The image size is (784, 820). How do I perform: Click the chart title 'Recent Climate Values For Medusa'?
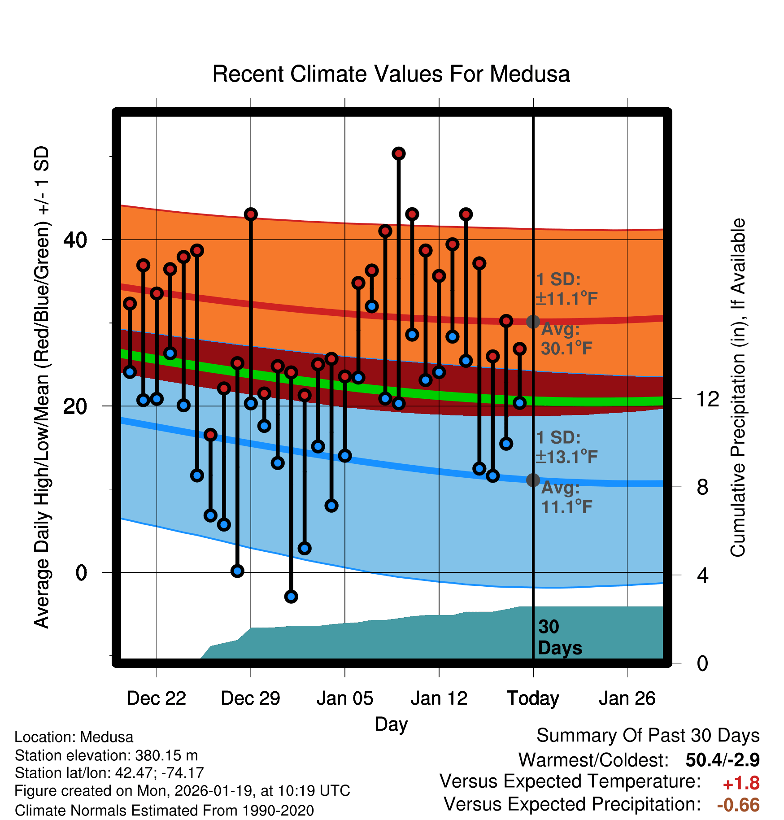coord(391,74)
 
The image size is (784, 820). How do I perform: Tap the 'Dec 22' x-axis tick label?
coord(156,698)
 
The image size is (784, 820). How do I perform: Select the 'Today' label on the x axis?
coord(533,698)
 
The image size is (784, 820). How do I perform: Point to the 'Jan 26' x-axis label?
coord(627,698)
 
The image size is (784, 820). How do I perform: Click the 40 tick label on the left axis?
coord(75,240)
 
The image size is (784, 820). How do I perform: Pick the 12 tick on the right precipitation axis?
coord(707,399)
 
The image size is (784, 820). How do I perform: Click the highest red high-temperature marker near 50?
coord(399,154)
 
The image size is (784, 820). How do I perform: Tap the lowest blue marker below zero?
coord(291,597)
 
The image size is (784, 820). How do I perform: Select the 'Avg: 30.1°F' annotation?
coord(566,339)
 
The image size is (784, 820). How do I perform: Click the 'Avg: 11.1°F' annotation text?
coord(566,497)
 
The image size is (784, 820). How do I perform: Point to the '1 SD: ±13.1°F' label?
coord(566,447)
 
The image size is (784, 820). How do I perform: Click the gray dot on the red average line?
coord(533,322)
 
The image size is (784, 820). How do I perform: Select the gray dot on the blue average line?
coord(533,480)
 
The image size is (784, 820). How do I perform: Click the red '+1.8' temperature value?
coord(741,783)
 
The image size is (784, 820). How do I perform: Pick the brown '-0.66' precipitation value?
coord(738,805)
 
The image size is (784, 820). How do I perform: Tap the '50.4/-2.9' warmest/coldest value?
coord(722,760)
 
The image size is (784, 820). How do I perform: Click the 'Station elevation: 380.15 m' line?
coord(106,755)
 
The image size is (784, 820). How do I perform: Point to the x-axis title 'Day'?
coord(391,724)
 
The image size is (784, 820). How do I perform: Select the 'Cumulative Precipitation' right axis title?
coord(738,388)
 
